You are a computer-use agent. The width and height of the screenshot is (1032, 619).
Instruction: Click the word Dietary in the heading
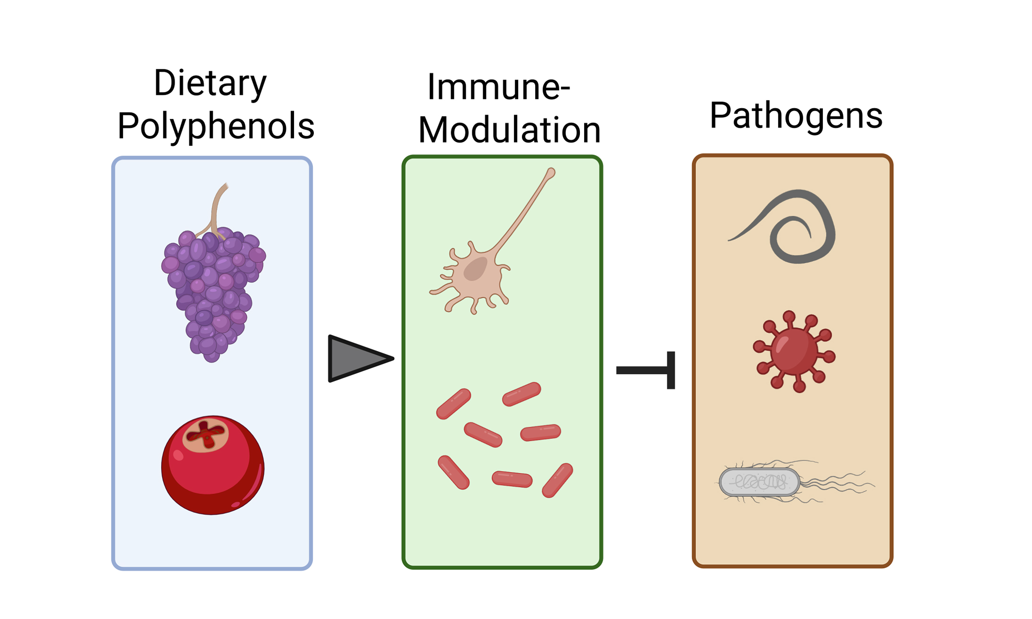(210, 84)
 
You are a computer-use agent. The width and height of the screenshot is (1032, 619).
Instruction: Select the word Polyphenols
(216, 126)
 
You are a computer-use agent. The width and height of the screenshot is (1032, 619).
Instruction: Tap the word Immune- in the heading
(499, 87)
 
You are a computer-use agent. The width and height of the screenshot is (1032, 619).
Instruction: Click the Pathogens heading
(796, 115)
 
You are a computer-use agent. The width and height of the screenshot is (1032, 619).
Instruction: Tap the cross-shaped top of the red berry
(206, 434)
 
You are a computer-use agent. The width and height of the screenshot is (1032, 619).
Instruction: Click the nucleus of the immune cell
(475, 269)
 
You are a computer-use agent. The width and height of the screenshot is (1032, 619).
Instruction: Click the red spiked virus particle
(794, 351)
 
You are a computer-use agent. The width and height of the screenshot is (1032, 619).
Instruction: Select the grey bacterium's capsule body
(759, 482)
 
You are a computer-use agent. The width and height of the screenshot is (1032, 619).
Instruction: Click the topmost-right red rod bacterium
(521, 394)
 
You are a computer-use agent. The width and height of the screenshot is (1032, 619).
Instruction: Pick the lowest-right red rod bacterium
(557, 480)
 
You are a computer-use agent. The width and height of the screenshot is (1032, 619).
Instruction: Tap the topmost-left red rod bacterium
(453, 404)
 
